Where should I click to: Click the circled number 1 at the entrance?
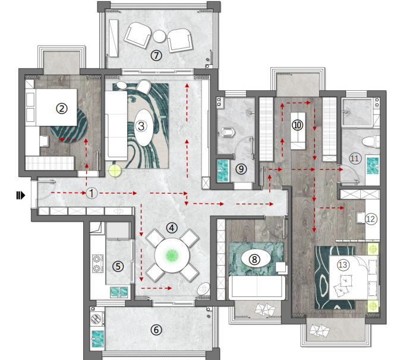[92, 193]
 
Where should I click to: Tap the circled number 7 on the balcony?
[156, 55]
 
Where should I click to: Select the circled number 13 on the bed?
[342, 264]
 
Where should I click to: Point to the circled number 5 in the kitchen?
[118, 266]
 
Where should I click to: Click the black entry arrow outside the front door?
[21, 195]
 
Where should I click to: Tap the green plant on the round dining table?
[172, 255]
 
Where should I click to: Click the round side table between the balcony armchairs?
[159, 36]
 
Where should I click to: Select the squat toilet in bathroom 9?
[228, 132]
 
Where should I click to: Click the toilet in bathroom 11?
[371, 142]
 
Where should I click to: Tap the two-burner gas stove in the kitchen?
[97, 263]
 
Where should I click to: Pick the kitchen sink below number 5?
[119, 292]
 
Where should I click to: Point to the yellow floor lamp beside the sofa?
[115, 170]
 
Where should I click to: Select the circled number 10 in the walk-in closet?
[297, 125]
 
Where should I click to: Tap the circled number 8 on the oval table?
[254, 259]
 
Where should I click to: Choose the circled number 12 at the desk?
[370, 219]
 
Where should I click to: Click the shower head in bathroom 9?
[249, 112]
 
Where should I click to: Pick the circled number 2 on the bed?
[61, 109]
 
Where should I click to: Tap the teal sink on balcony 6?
[98, 339]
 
